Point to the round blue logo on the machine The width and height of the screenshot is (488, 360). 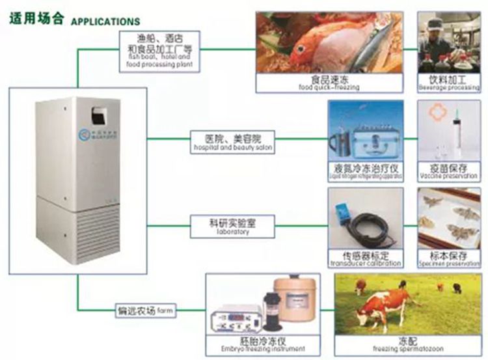84,134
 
